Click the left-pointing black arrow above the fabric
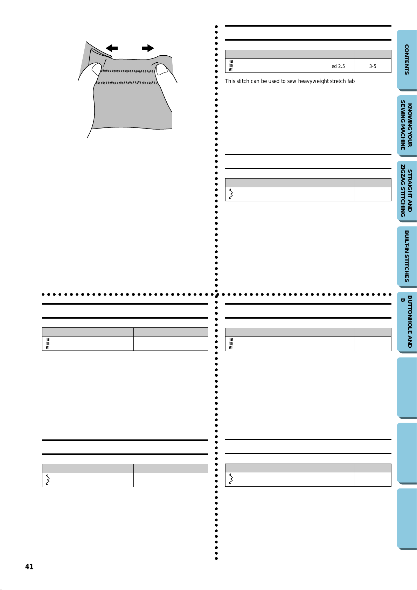click(112, 48)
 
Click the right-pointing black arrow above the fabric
click(148, 48)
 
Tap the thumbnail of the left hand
click(96, 69)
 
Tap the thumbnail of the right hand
click(161, 69)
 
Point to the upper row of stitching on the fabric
click(128, 71)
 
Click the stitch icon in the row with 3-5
click(231, 65)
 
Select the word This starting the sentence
click(230, 81)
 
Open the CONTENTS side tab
click(407, 60)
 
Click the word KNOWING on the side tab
click(410, 125)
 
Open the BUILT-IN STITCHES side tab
click(407, 256)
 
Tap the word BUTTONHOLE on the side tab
click(410, 321)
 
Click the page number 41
click(29, 567)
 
